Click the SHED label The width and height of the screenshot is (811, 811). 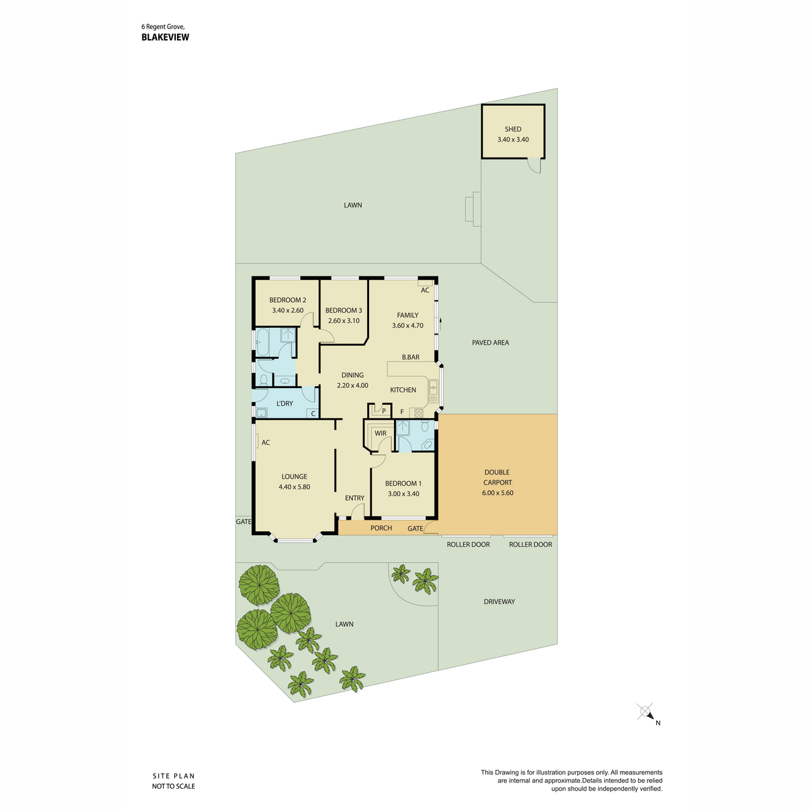click(512, 129)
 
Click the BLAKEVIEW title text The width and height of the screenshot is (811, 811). click(165, 37)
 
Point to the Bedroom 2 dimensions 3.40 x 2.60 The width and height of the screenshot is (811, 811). click(287, 310)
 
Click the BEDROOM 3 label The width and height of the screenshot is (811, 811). click(343, 310)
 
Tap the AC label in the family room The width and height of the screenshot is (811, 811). click(425, 290)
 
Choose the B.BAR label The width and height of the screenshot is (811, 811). click(410, 357)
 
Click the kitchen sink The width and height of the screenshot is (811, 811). click(433, 391)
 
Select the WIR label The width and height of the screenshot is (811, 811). click(380, 433)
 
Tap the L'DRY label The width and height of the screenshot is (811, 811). click(285, 403)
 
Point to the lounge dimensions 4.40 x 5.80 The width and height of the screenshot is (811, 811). click(294, 487)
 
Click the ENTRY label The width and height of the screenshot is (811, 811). click(354, 498)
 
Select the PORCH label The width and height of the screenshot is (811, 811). click(381, 528)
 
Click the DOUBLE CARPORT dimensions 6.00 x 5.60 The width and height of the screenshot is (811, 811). click(497, 493)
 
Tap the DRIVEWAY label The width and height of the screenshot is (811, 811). click(499, 601)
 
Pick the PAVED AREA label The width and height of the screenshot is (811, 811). click(490, 343)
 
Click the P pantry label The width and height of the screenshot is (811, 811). click(384, 411)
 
